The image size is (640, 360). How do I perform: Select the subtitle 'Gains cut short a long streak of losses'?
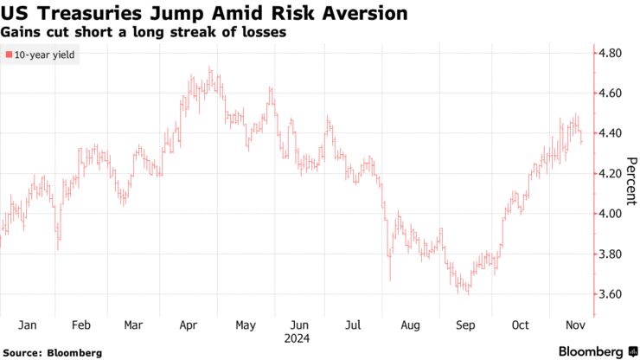point(144,32)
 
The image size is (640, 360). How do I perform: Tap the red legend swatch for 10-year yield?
point(9,55)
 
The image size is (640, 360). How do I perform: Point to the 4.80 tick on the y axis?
point(611,54)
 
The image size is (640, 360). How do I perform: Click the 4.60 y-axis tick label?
point(611,93)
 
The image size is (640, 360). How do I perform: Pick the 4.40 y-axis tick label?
point(611,133)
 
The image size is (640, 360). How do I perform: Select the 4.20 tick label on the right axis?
point(611,174)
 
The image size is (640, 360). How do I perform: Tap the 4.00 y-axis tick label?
point(611,214)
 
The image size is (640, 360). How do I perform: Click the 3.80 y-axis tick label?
point(611,254)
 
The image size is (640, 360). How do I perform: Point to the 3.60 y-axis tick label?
point(611,294)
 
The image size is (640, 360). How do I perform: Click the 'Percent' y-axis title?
point(630,181)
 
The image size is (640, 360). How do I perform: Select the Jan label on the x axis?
point(27,325)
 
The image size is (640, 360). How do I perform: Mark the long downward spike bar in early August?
point(390,264)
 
